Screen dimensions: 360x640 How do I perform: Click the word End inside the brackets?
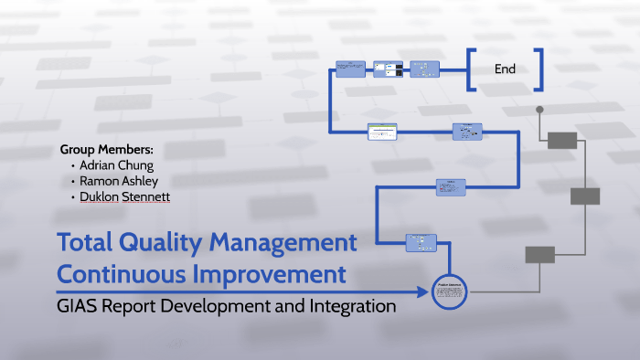click(x=505, y=69)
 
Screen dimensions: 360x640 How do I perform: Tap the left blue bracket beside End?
click(x=470, y=69)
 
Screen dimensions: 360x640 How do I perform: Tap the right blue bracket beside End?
click(x=539, y=69)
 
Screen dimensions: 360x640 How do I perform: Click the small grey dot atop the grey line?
click(x=539, y=110)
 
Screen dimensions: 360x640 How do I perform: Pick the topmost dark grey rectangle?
click(x=562, y=140)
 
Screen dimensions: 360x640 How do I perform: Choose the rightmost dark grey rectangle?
click(x=584, y=196)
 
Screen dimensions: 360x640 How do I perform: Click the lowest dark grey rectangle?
click(x=539, y=254)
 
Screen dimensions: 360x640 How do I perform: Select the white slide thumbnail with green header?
click(x=381, y=132)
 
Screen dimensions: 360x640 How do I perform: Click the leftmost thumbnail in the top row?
click(x=350, y=69)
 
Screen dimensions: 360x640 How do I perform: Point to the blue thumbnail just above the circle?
click(x=421, y=242)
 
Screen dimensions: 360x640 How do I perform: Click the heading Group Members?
click(x=106, y=149)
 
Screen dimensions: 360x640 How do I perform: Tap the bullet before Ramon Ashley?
click(x=72, y=181)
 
